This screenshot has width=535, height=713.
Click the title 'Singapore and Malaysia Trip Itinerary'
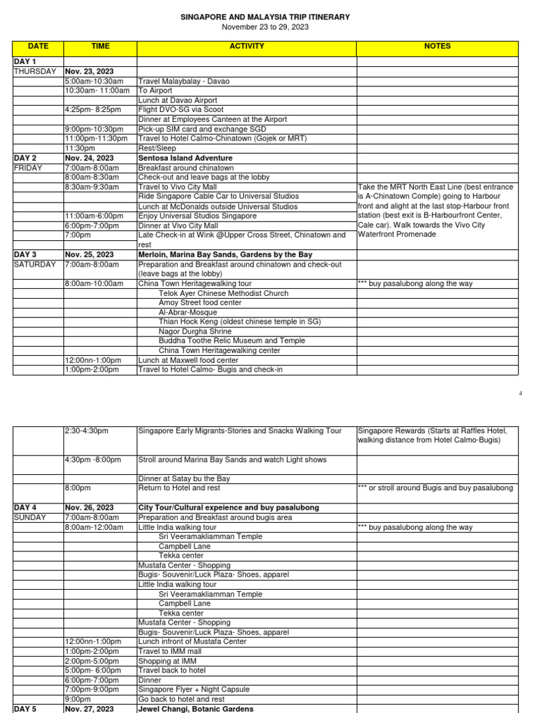pos(265,17)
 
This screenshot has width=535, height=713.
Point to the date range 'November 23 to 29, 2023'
pos(265,27)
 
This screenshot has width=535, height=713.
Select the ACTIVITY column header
pos(247,47)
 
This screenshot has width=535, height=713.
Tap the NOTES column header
pos(437,47)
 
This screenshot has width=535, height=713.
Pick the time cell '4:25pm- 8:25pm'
pos(93,110)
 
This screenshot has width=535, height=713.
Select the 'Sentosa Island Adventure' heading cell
pos(185,158)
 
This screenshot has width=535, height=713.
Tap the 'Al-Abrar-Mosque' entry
pos(188,313)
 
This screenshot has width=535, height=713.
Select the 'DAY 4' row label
pos(25,508)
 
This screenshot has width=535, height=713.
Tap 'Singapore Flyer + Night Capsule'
pos(194,689)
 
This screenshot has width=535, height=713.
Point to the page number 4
pos(520,393)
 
